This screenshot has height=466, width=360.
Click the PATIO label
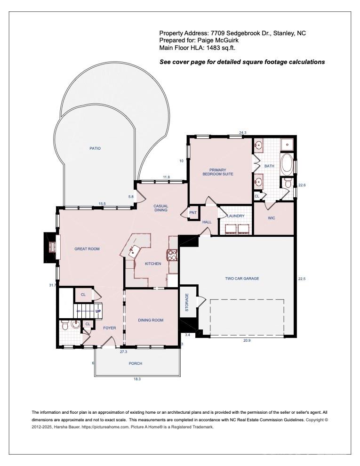(95, 148)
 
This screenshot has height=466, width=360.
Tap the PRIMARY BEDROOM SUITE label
(218, 172)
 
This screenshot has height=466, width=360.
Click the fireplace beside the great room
(50, 247)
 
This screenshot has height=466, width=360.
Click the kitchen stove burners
(172, 255)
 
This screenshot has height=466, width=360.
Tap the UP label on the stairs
(98, 311)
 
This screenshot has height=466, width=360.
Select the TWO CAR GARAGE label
(242, 279)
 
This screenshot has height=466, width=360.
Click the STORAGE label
(187, 302)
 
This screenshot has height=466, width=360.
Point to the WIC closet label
(272, 218)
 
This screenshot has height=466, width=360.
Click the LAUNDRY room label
(236, 216)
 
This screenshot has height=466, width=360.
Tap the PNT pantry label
(193, 213)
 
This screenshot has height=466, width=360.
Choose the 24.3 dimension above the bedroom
(243, 133)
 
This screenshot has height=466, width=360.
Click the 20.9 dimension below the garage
(247, 341)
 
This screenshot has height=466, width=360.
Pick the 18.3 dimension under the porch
(137, 379)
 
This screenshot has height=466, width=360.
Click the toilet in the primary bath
(287, 182)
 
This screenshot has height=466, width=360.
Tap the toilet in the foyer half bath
(64, 325)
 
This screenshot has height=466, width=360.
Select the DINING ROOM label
(151, 320)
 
